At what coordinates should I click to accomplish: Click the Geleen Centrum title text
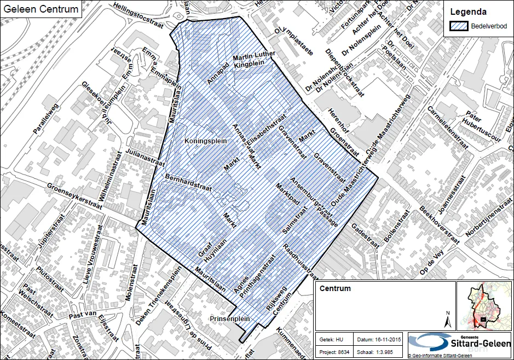click(x=40, y=9)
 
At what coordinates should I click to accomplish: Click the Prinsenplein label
click(x=230, y=318)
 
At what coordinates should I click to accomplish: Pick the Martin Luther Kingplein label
click(x=253, y=61)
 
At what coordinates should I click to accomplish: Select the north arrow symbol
click(x=447, y=318)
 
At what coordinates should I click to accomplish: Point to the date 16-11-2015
click(x=389, y=339)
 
